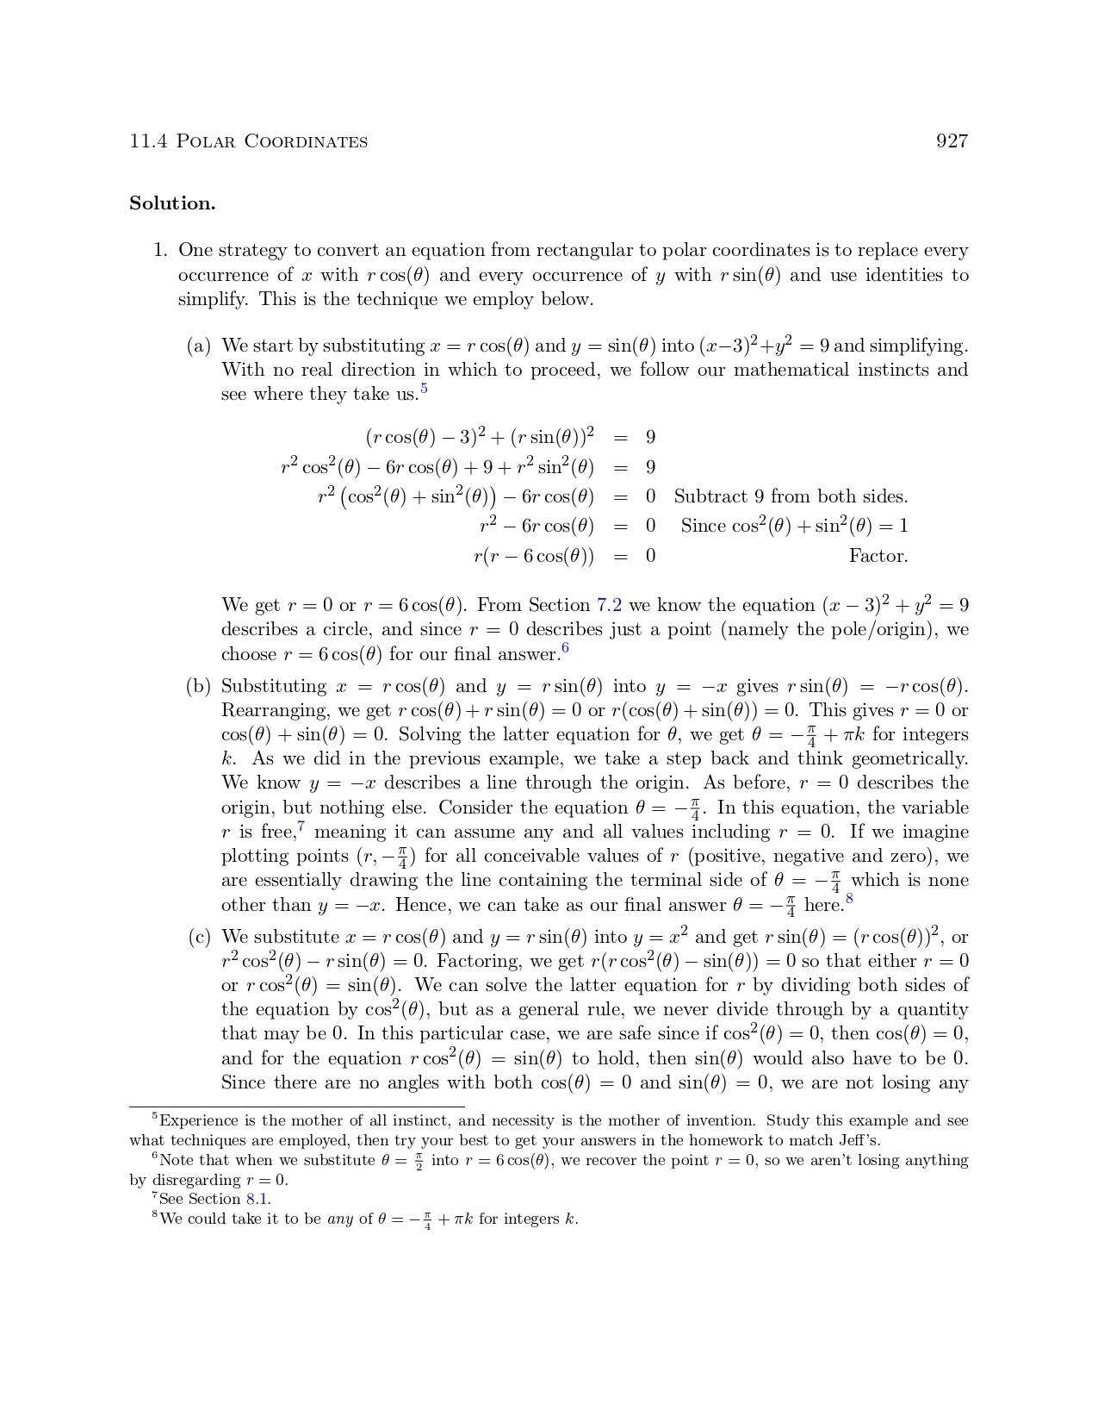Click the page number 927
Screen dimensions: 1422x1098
(952, 141)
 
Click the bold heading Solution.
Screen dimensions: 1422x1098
(172, 203)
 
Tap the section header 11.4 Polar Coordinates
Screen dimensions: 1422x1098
(248, 141)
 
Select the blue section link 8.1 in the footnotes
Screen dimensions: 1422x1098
(258, 1199)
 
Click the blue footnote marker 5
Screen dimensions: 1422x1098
(425, 390)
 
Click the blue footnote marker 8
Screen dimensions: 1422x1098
(849, 900)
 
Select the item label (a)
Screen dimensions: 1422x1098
(199, 346)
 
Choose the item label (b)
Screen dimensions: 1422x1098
(199, 687)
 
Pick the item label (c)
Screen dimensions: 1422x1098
(199, 938)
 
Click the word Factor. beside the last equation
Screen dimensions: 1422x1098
(878, 556)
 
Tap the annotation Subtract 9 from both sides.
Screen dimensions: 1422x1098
(791, 497)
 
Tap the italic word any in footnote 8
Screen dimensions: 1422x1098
(340, 1219)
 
